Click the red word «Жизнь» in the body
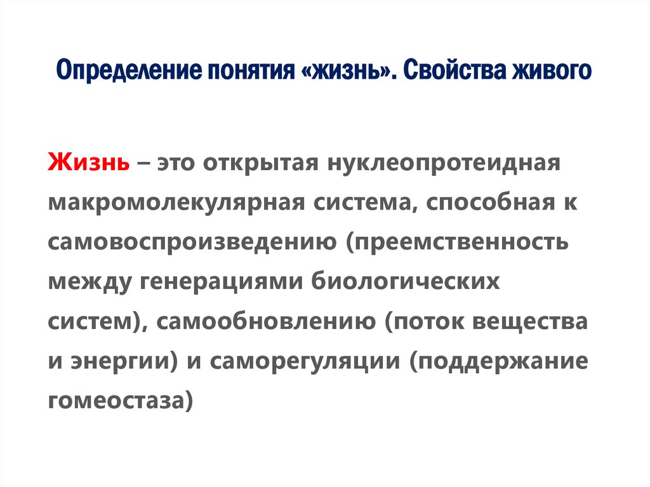coord(88,163)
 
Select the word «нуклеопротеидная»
coord(442,163)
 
